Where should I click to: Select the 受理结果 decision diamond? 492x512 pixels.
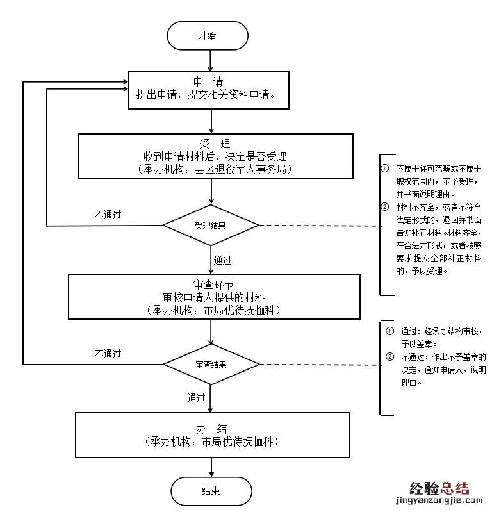(211, 226)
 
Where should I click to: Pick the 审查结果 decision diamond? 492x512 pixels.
(211, 364)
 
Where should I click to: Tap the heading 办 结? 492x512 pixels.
(212, 429)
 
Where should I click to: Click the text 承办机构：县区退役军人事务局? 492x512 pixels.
(215, 169)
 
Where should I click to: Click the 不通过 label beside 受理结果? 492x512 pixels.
(108, 215)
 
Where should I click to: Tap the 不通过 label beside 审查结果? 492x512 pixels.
(108, 354)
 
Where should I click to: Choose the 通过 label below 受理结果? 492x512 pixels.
(222, 260)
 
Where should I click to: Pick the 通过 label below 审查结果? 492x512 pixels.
(197, 398)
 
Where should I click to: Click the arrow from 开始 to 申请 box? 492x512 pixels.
(211, 60)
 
